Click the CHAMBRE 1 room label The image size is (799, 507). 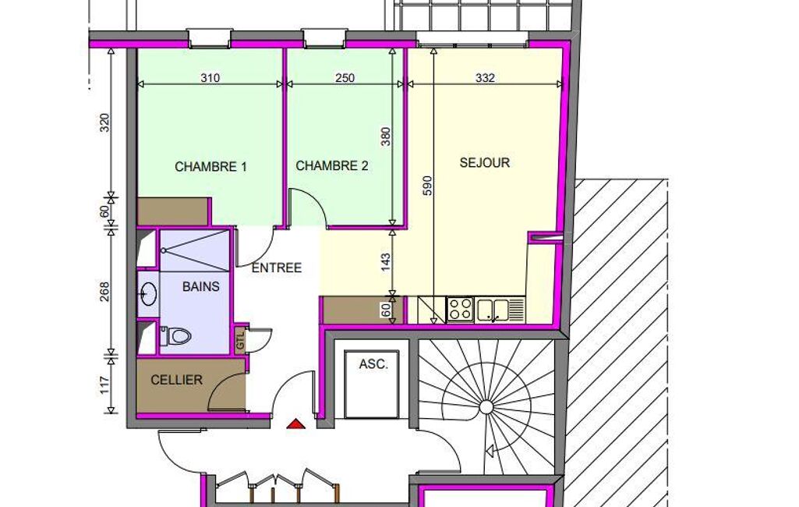pos(210,167)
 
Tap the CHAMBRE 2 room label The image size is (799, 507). pos(332,166)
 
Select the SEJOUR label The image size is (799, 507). pos(485,163)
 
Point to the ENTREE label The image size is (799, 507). pos(277,268)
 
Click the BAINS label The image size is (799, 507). pos(201,287)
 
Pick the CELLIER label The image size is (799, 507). pos(176,380)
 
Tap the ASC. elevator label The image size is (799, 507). pos(373,364)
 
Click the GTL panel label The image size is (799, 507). pos(241,340)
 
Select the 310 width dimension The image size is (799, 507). pos(210,78)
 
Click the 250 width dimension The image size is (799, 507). pos(345,78)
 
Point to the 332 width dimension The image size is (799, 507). pos(485,78)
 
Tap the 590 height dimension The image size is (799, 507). pos(427,186)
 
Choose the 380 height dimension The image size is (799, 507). pos(386,136)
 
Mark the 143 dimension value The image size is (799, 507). pos(386,262)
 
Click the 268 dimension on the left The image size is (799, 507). pos(104,292)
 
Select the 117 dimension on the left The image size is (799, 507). pos(104,385)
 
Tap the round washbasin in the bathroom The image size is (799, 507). pos(149,293)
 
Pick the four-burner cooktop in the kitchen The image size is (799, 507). pos(460,309)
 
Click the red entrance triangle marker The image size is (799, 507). pos(296,424)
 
